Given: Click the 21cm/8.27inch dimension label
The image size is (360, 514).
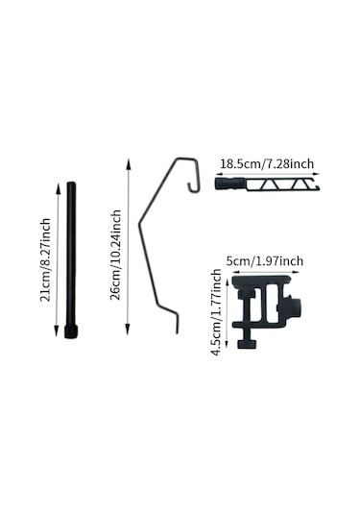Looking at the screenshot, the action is [45, 259].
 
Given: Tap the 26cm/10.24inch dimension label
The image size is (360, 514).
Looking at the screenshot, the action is [115, 255].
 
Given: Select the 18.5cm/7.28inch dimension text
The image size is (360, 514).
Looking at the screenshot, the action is [267, 163].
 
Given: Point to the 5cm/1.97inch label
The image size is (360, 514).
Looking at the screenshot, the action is [265, 261].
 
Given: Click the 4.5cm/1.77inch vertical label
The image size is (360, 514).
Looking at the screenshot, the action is [216, 312].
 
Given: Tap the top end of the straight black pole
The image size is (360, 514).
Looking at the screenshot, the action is [71, 183].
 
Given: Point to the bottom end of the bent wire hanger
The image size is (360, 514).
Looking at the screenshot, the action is [178, 332].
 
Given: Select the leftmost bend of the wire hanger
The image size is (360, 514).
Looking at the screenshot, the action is [140, 224].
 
